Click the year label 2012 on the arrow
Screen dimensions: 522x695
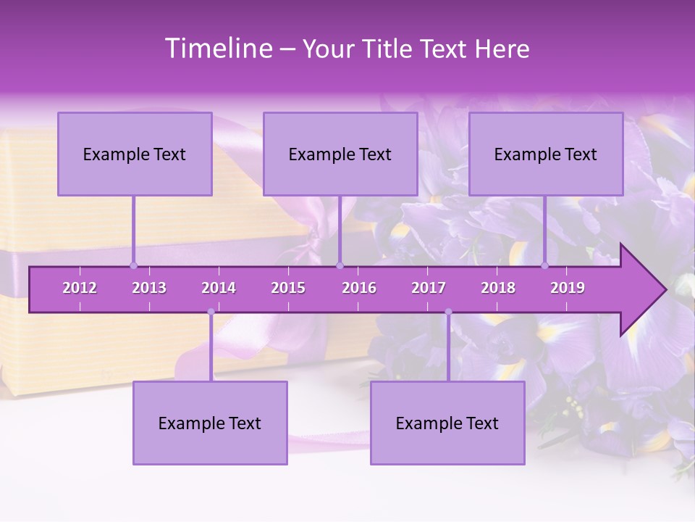tap(80, 288)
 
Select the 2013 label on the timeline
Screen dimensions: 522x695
tap(149, 288)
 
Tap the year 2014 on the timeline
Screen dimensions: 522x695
tap(219, 288)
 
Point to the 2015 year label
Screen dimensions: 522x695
tap(288, 288)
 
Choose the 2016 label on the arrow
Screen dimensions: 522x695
tap(359, 288)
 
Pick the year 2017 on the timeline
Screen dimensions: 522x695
tap(429, 288)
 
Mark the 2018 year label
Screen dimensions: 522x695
tap(498, 288)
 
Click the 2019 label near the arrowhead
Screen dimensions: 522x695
tap(568, 288)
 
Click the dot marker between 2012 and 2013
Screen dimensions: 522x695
tap(133, 265)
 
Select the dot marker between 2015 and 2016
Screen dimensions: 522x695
tap(340, 265)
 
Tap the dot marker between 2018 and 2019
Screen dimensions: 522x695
tap(545, 265)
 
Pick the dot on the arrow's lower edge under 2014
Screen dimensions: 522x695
tap(211, 312)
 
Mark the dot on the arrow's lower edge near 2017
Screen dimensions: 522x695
tap(448, 312)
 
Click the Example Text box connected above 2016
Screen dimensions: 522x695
tap(340, 154)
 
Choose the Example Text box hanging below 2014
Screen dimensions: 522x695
tap(210, 423)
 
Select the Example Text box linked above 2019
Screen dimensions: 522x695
tap(546, 154)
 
